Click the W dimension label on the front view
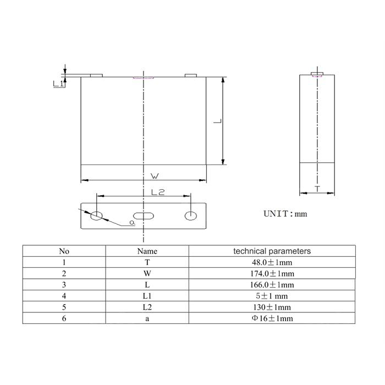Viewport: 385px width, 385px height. (x=155, y=175)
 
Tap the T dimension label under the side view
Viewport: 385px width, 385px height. (x=317, y=188)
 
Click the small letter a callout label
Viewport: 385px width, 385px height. (x=131, y=222)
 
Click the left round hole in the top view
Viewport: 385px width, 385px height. (x=97, y=215)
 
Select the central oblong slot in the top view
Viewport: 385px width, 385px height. (x=143, y=216)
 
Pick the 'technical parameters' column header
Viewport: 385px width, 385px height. (x=272, y=251)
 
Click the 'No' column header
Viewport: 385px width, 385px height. (x=64, y=251)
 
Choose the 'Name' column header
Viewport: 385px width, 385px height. (x=147, y=251)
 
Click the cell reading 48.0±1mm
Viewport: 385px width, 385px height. (x=272, y=262)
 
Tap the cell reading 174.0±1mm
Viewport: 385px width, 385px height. (x=272, y=273)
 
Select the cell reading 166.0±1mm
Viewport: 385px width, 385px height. (x=272, y=284)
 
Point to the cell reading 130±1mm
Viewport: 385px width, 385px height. (x=272, y=307)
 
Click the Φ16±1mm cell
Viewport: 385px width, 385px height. (x=272, y=318)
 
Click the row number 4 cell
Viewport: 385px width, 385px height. (x=64, y=296)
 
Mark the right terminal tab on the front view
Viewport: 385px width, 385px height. (x=190, y=75)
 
